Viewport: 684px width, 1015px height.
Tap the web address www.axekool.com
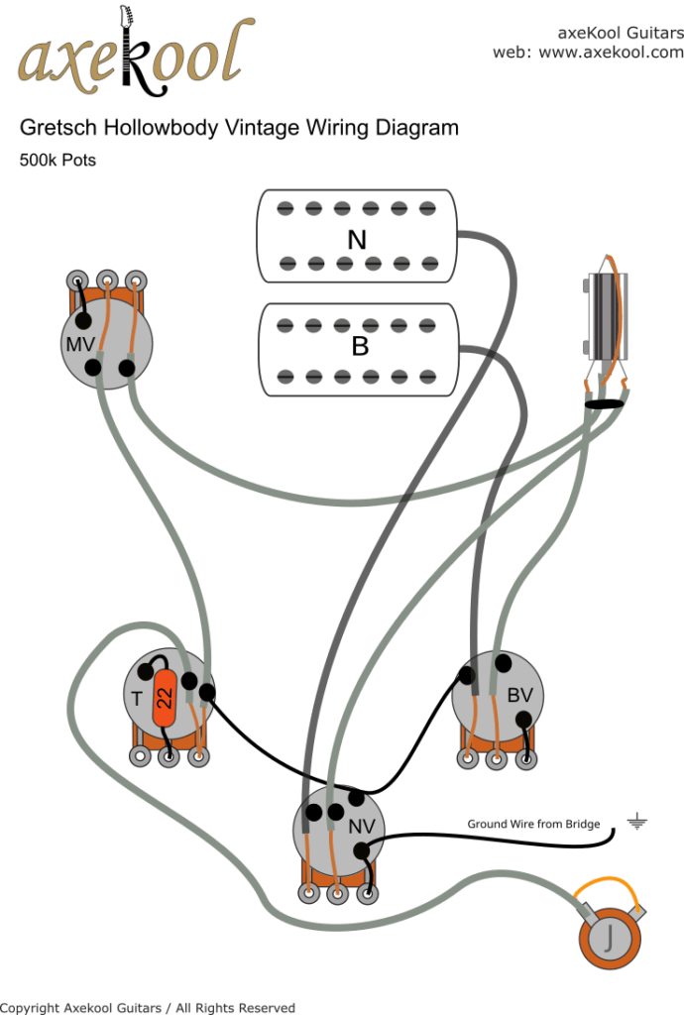(x=611, y=52)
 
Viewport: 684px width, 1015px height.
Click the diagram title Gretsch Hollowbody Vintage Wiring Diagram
(x=239, y=128)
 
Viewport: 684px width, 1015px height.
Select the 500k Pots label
(x=57, y=160)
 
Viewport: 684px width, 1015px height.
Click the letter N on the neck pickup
(x=356, y=239)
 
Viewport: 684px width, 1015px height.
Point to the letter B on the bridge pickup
(x=359, y=347)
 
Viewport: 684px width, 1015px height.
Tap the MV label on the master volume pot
(x=80, y=344)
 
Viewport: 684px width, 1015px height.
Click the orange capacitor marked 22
(x=165, y=697)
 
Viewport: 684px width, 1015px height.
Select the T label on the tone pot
(x=137, y=699)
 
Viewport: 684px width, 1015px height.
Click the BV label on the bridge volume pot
(x=519, y=696)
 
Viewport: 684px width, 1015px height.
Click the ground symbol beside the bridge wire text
(x=634, y=822)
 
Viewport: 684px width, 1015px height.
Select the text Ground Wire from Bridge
(x=533, y=824)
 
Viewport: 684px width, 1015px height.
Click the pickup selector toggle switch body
(x=603, y=317)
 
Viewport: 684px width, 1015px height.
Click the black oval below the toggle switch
(x=604, y=404)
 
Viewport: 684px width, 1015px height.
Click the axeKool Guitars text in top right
(x=621, y=32)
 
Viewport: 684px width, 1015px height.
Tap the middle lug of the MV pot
(x=106, y=281)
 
